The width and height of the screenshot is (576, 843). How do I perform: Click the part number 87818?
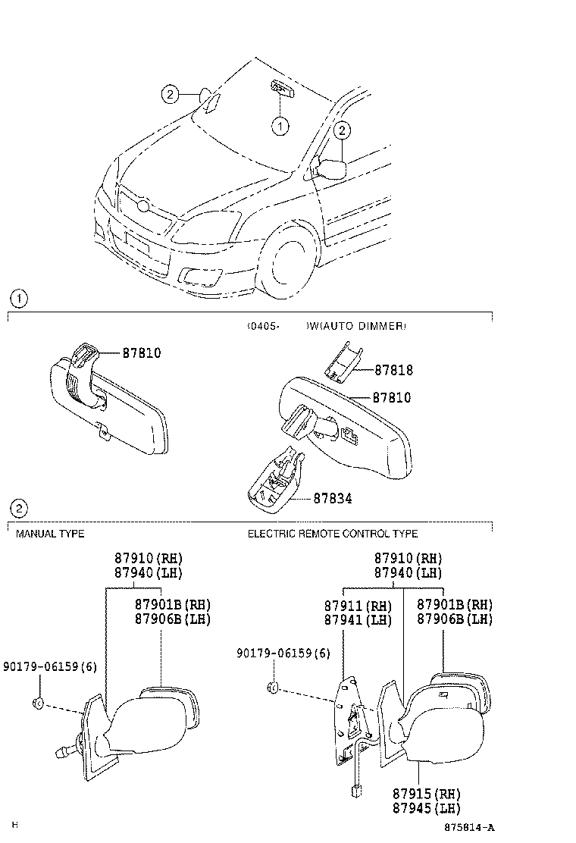(x=393, y=371)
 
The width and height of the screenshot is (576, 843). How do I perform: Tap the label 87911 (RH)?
(x=358, y=606)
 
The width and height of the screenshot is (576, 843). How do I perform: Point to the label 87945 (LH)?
(x=426, y=808)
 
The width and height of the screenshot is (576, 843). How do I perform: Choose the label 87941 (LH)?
(x=358, y=620)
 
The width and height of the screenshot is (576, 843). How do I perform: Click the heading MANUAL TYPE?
(x=50, y=534)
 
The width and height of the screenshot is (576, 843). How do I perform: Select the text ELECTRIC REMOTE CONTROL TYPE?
(x=333, y=534)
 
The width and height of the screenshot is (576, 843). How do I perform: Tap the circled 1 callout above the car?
(x=280, y=126)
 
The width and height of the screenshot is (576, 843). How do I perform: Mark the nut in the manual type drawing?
(x=37, y=703)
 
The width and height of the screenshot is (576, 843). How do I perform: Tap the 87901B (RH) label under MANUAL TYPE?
(x=172, y=605)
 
